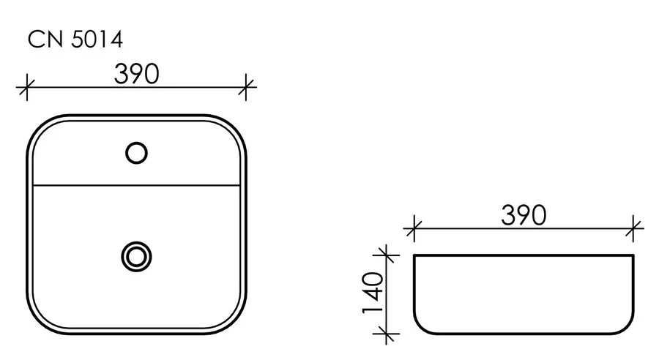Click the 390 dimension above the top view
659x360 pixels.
137,74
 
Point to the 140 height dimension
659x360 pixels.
373,295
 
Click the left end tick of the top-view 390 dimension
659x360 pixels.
26,88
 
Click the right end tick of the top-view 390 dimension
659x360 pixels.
247,88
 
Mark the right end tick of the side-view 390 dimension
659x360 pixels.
634,229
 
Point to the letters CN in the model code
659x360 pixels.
41,41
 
